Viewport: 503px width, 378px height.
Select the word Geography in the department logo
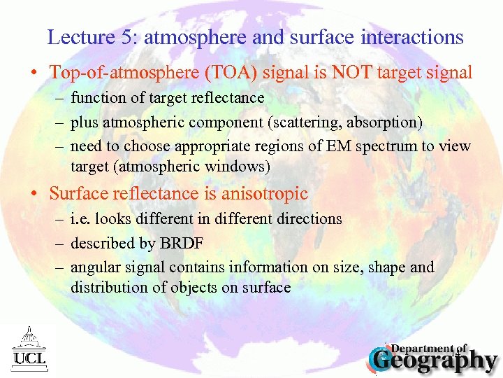pos(434,361)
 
